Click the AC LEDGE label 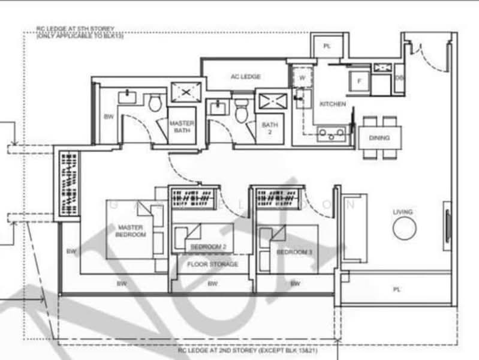tap(245, 76)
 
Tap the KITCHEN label tap(332, 104)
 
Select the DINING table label tap(379, 138)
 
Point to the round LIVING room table tap(404, 227)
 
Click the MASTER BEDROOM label tap(131, 231)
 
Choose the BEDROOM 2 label tap(208, 247)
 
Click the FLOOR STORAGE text tap(212, 264)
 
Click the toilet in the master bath tap(155, 103)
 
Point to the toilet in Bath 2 tap(242, 110)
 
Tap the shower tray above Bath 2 tap(272, 100)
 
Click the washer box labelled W tap(302, 77)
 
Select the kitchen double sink tap(331, 133)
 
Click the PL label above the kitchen tap(327, 46)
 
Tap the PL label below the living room tap(396, 289)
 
